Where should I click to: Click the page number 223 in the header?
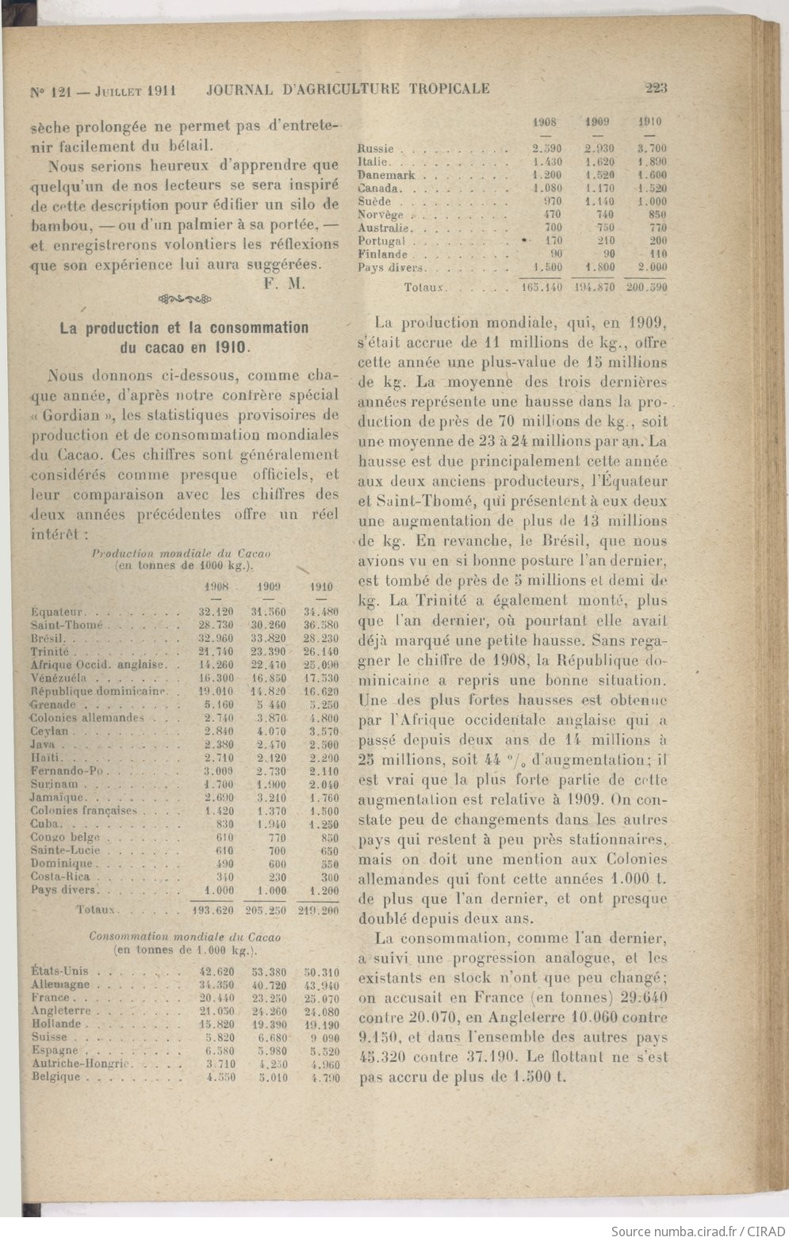point(656,88)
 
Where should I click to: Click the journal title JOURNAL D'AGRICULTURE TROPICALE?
point(347,89)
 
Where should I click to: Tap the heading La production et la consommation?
point(184,327)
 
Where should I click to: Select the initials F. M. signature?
point(285,284)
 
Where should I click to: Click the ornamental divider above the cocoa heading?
point(184,299)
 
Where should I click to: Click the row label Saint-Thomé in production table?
point(67,625)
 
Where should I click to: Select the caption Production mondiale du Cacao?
point(182,552)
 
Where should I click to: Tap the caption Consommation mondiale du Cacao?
point(185,936)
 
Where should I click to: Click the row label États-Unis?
point(60,972)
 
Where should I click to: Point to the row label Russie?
point(376,148)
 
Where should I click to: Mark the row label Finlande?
point(382,254)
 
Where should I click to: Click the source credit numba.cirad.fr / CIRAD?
point(698,1231)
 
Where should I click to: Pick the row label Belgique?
point(56,1077)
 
